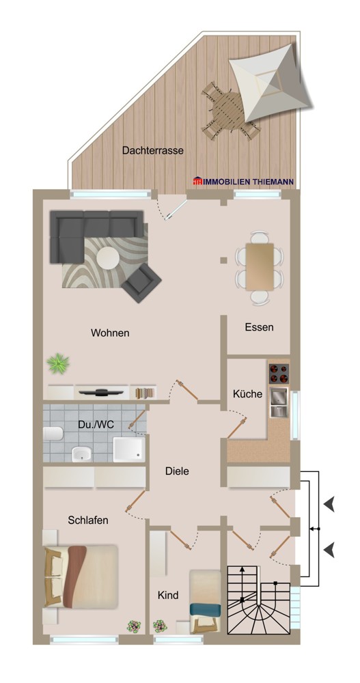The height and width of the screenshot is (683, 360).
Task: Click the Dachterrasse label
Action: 153,151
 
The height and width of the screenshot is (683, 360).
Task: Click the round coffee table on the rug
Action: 108,257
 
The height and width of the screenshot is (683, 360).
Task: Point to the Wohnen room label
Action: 110,333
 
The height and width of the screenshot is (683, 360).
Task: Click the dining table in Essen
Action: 259,266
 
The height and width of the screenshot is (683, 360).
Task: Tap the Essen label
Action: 259,327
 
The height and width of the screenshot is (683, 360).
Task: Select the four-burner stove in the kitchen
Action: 279,372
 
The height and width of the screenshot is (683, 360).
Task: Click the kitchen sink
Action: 279,403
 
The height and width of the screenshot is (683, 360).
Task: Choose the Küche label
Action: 247,394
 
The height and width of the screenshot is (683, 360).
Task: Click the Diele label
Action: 177,471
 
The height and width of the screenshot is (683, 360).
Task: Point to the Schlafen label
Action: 88,520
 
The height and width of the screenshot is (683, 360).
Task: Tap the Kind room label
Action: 167,596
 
